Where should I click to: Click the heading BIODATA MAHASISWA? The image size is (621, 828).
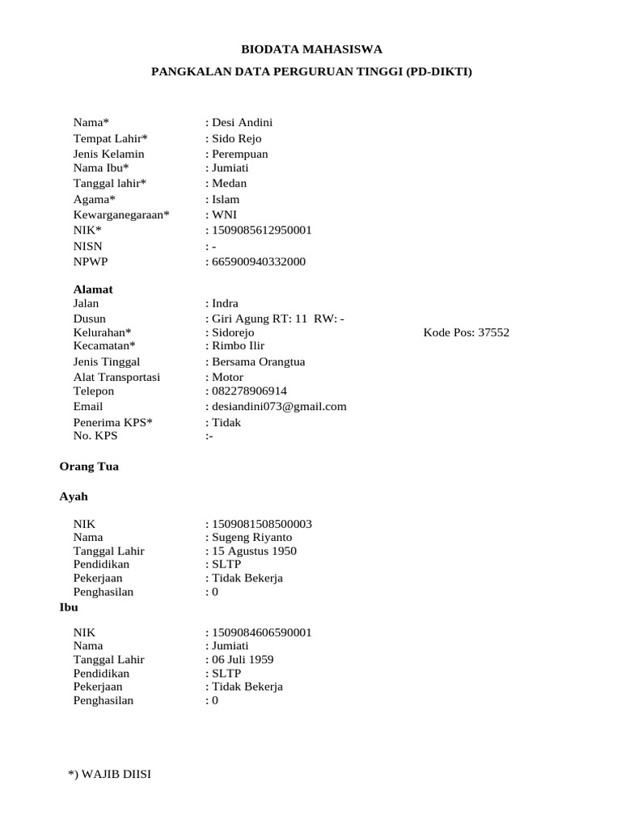(x=311, y=49)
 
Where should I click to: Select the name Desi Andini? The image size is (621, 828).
(x=242, y=122)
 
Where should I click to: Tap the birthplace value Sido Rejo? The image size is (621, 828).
(x=237, y=138)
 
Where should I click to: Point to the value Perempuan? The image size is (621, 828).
(x=240, y=154)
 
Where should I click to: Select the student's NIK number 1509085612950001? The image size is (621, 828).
(x=261, y=230)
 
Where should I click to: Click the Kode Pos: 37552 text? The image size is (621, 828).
(x=467, y=332)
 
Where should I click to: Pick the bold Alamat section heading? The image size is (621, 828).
(x=93, y=289)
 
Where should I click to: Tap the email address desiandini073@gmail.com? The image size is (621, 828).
(x=279, y=407)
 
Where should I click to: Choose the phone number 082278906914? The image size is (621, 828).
(x=249, y=391)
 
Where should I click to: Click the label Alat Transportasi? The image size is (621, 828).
(x=116, y=377)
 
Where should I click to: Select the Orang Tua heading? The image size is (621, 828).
(x=89, y=467)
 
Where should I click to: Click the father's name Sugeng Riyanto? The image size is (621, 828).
(x=251, y=538)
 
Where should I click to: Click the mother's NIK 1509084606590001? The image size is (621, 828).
(x=261, y=632)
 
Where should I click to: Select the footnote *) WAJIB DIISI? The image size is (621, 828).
(x=110, y=775)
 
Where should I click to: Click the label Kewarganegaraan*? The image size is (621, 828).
(x=121, y=215)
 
